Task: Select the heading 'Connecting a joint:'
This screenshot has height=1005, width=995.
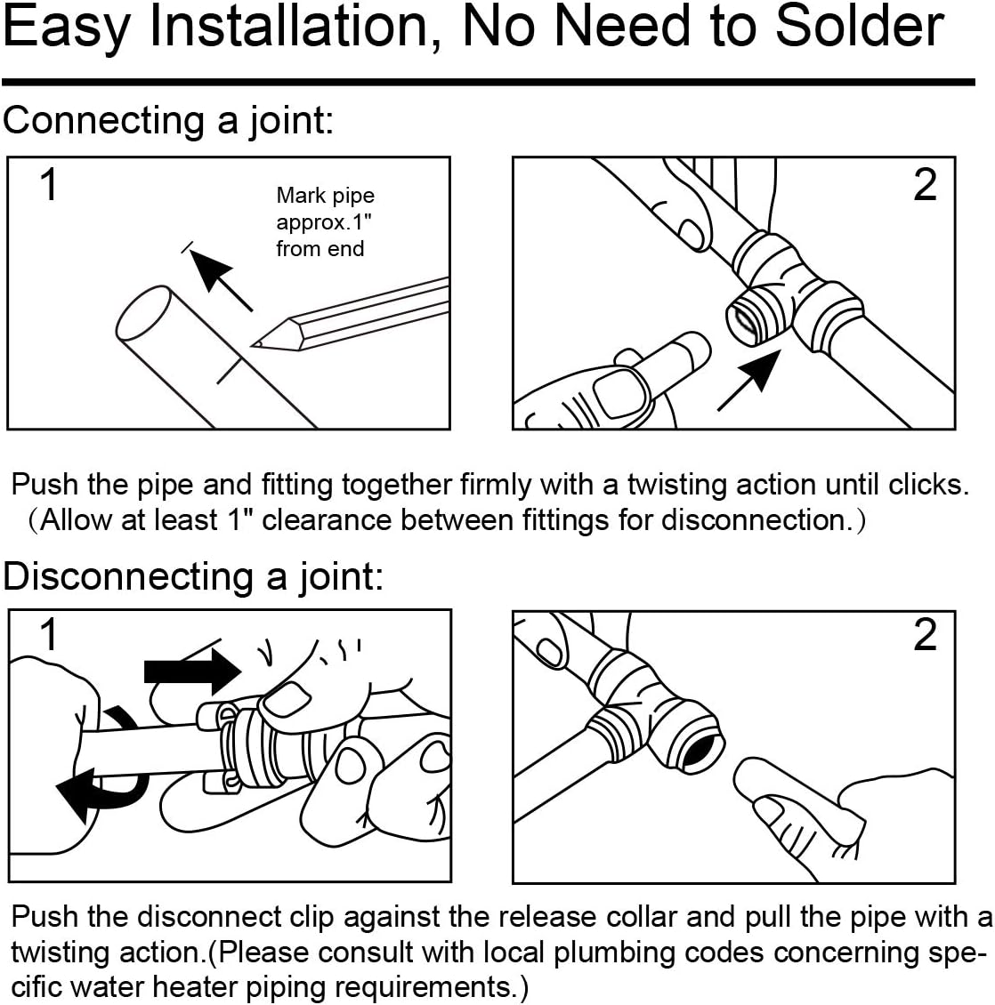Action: [x=168, y=120]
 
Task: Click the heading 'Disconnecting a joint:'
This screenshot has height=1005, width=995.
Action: [x=193, y=576]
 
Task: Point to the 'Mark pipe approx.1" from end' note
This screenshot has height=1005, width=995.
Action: [x=324, y=221]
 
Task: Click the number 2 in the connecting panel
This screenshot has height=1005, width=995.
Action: [x=925, y=185]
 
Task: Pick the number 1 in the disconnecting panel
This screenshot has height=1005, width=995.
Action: [x=50, y=635]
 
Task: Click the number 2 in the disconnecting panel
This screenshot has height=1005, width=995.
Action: [x=925, y=635]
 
